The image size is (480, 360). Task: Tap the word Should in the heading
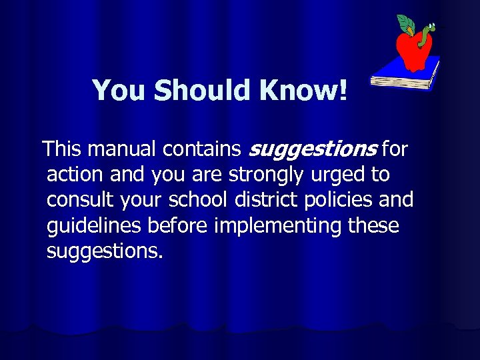[199, 90]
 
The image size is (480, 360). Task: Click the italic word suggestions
[313, 149]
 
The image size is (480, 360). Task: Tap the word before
[178, 226]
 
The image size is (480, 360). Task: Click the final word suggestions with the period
[105, 252]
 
